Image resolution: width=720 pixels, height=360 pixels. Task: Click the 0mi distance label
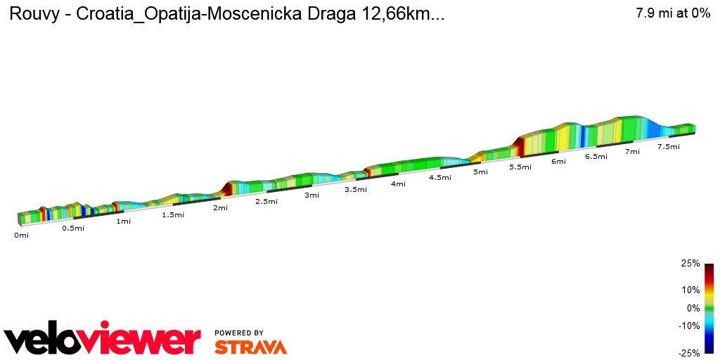(x=21, y=236)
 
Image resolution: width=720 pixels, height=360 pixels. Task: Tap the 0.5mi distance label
(x=73, y=228)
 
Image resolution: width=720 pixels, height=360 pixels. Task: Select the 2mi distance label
(x=220, y=207)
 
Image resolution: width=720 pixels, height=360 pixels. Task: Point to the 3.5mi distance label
(x=356, y=189)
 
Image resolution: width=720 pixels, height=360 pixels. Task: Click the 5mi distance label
(x=480, y=172)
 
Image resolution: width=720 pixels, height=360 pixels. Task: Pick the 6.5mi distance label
(x=596, y=156)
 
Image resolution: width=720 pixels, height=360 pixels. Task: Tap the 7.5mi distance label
(x=668, y=146)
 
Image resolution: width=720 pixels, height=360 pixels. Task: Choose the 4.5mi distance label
(x=439, y=177)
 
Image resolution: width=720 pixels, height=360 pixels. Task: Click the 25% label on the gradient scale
(x=690, y=264)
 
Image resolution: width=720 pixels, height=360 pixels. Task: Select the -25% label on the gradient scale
(x=689, y=353)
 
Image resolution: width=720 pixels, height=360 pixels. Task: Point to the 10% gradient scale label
(x=690, y=290)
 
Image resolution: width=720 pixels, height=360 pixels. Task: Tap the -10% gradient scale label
(x=689, y=326)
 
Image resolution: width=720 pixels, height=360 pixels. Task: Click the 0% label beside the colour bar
(x=693, y=308)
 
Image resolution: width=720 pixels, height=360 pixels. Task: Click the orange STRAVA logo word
(x=250, y=347)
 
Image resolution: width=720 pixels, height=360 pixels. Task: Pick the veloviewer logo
(x=103, y=341)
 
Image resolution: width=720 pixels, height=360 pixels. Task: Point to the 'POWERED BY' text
(x=239, y=333)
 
